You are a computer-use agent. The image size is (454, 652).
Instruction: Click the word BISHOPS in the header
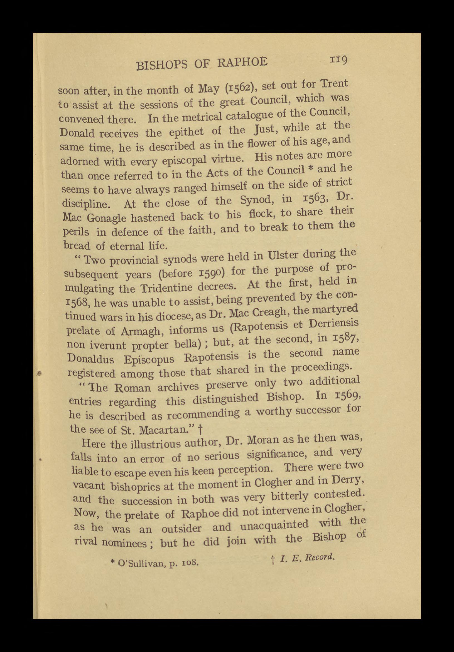pyautogui.click(x=162, y=65)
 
